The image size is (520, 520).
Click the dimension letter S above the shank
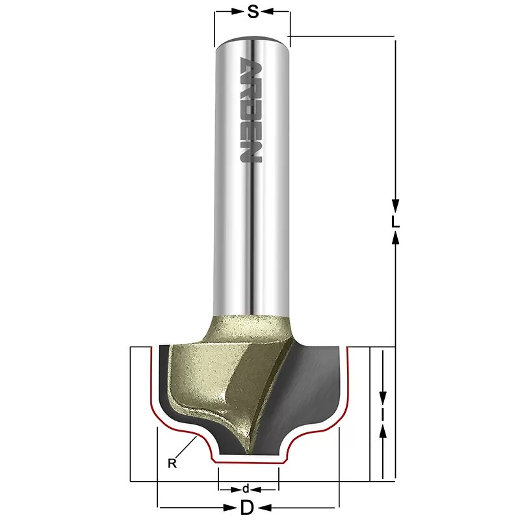[x=252, y=11]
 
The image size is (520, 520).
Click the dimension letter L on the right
[x=395, y=221]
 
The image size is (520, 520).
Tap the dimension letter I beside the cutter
[x=383, y=413]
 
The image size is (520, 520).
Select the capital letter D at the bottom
[x=247, y=508]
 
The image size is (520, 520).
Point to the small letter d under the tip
[x=245, y=489]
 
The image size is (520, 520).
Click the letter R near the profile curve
[x=172, y=463]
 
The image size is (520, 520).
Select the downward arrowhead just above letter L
[x=395, y=203]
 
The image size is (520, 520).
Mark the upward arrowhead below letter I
[x=383, y=430]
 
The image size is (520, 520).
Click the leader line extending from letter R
[x=186, y=448]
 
